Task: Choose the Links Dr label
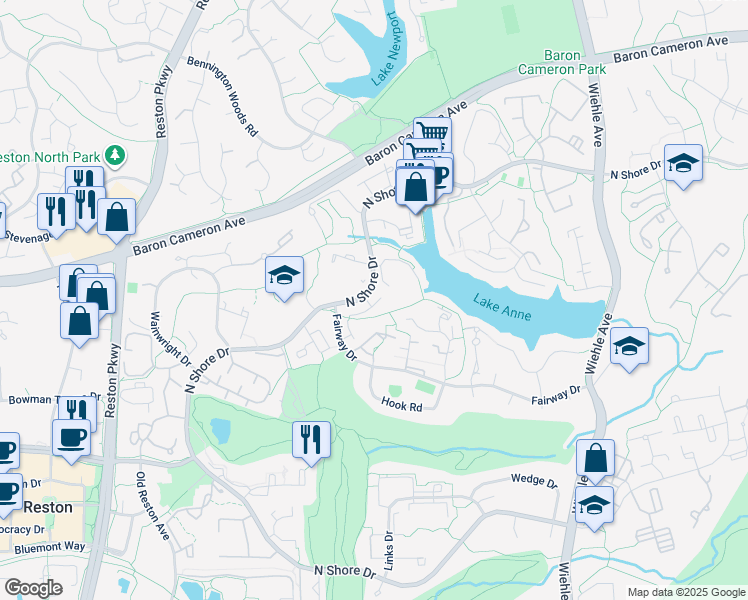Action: pyautogui.click(x=388, y=544)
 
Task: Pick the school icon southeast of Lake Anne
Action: pyautogui.click(x=629, y=347)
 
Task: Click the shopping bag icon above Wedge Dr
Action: pyautogui.click(x=595, y=459)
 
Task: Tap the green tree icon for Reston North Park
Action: pyautogui.click(x=117, y=154)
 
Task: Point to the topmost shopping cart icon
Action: pyautogui.click(x=432, y=133)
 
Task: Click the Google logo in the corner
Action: pyautogui.click(x=33, y=588)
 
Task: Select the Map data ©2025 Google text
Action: pyautogui.click(x=685, y=592)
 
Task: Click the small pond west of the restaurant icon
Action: pyautogui.click(x=220, y=431)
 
